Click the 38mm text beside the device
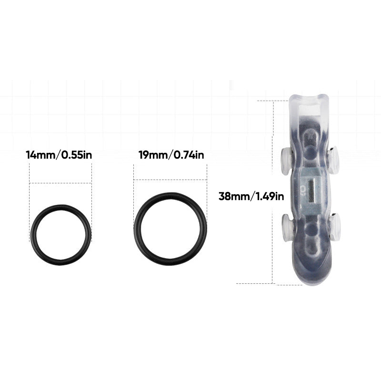click(233, 196)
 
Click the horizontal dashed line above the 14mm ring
click(60, 183)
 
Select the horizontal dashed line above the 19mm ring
click(170, 180)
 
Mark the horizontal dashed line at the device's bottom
click(255, 283)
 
